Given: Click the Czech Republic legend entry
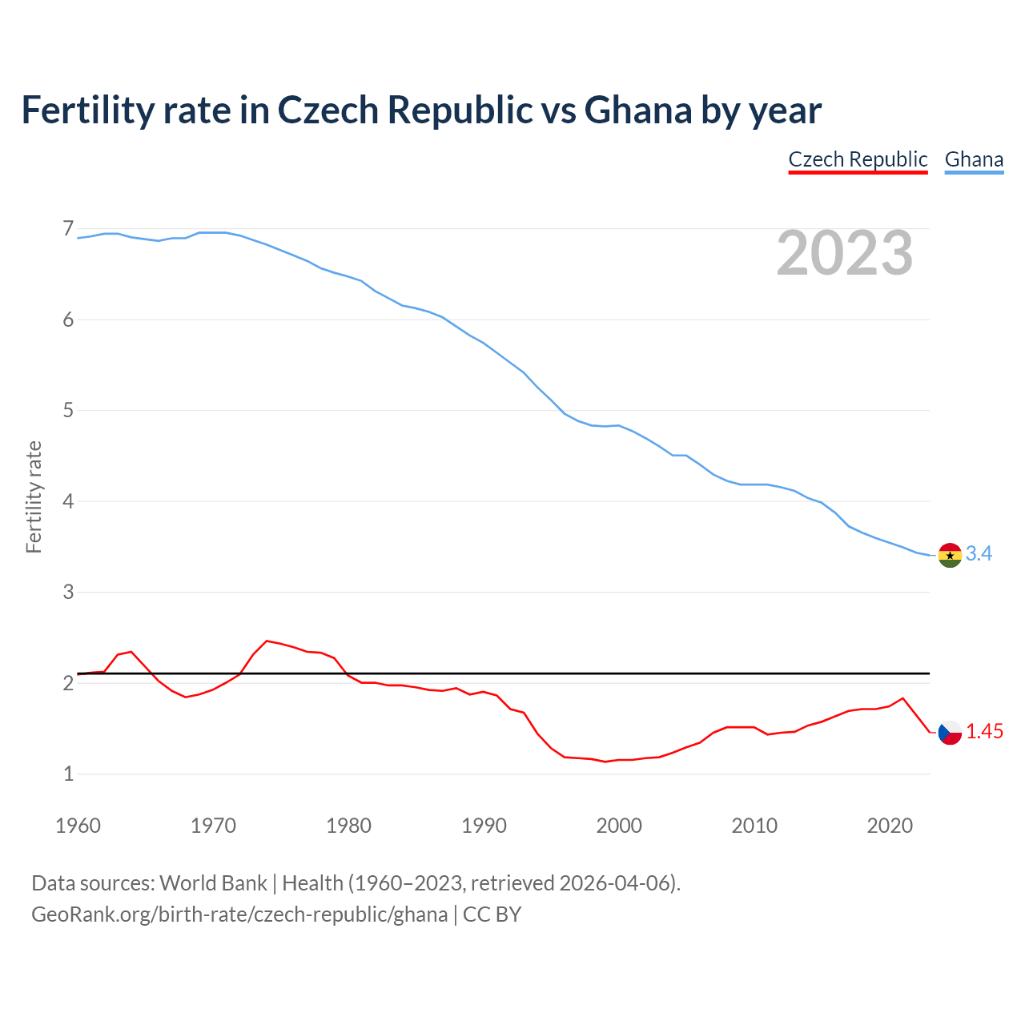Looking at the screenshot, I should pyautogui.click(x=858, y=159).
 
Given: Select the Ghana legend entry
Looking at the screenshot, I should pyautogui.click(x=974, y=159).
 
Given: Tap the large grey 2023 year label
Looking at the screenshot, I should pyautogui.click(x=845, y=253).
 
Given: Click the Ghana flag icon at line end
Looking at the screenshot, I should pyautogui.click(x=950, y=555).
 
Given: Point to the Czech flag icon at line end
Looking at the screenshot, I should pyautogui.click(x=950, y=732).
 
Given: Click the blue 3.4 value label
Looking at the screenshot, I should pyautogui.click(x=979, y=554).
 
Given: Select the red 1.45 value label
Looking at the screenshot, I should pyautogui.click(x=984, y=731).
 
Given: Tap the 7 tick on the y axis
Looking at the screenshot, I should pyautogui.click(x=68, y=230).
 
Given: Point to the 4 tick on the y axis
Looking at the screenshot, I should pyautogui.click(x=68, y=502).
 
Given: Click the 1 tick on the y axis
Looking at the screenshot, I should pyautogui.click(x=68, y=774).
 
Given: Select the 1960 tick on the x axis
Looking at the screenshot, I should pyautogui.click(x=78, y=826).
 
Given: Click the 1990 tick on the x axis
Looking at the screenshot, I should pyautogui.click(x=484, y=826).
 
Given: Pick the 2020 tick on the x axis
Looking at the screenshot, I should pyautogui.click(x=890, y=826).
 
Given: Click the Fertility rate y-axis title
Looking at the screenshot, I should pyautogui.click(x=34, y=496).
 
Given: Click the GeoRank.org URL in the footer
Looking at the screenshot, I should pyautogui.click(x=239, y=914).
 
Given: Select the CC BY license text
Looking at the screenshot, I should pyautogui.click(x=492, y=914).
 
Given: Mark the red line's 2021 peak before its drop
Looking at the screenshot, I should pyautogui.click(x=903, y=698).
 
